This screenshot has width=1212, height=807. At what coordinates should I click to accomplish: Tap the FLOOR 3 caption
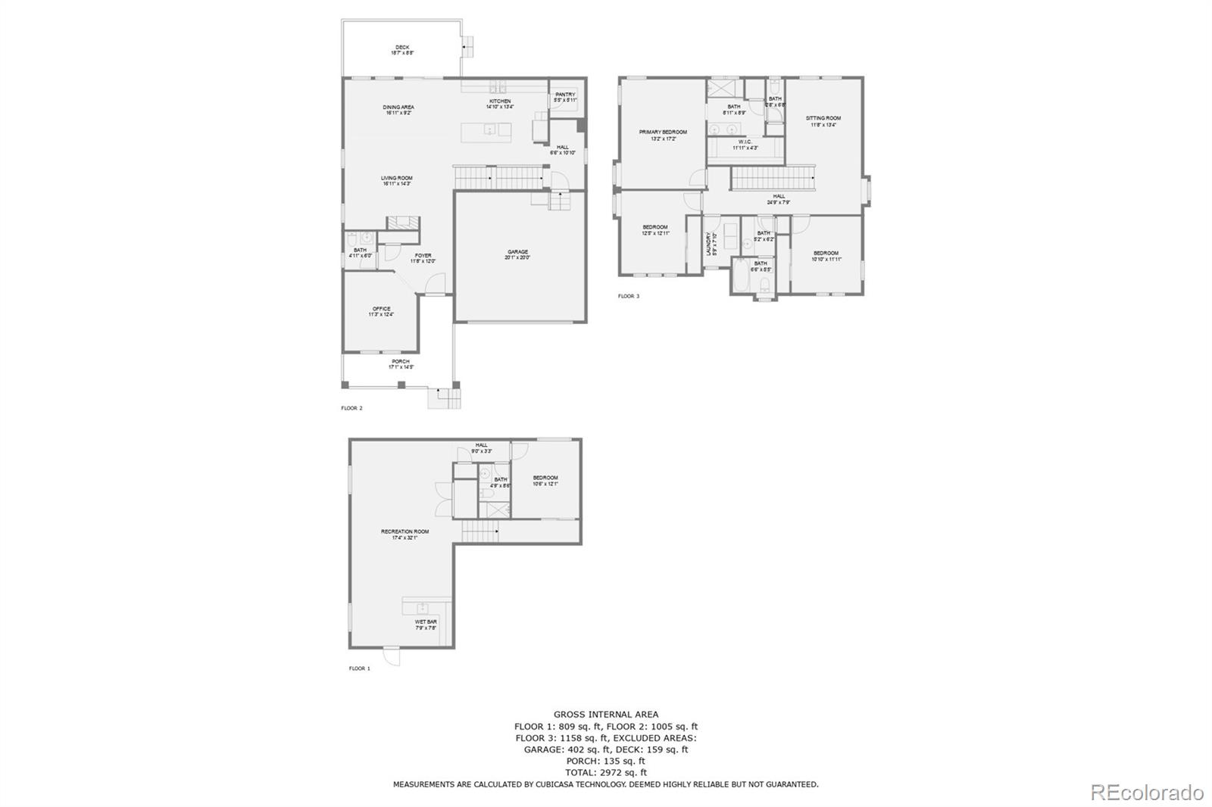(629, 296)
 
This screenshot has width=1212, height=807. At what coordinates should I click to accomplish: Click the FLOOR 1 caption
(359, 668)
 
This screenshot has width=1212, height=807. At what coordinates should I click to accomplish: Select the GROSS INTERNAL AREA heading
(605, 714)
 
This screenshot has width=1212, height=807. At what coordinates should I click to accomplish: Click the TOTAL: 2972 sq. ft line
(605, 773)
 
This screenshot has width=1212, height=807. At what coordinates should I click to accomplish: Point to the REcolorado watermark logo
(1146, 793)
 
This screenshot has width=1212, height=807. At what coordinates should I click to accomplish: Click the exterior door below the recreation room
(391, 657)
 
